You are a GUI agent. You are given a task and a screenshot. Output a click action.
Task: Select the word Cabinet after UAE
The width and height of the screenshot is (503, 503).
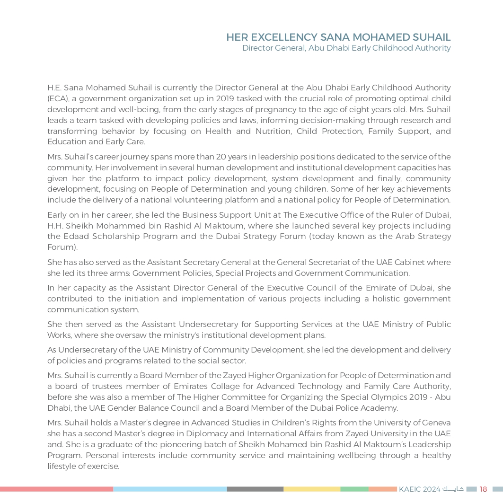[409, 262]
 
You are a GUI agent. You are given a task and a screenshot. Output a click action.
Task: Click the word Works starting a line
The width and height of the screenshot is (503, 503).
[58, 335]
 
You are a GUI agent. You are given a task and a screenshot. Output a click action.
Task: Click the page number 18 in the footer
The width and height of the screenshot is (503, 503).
[483, 489]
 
